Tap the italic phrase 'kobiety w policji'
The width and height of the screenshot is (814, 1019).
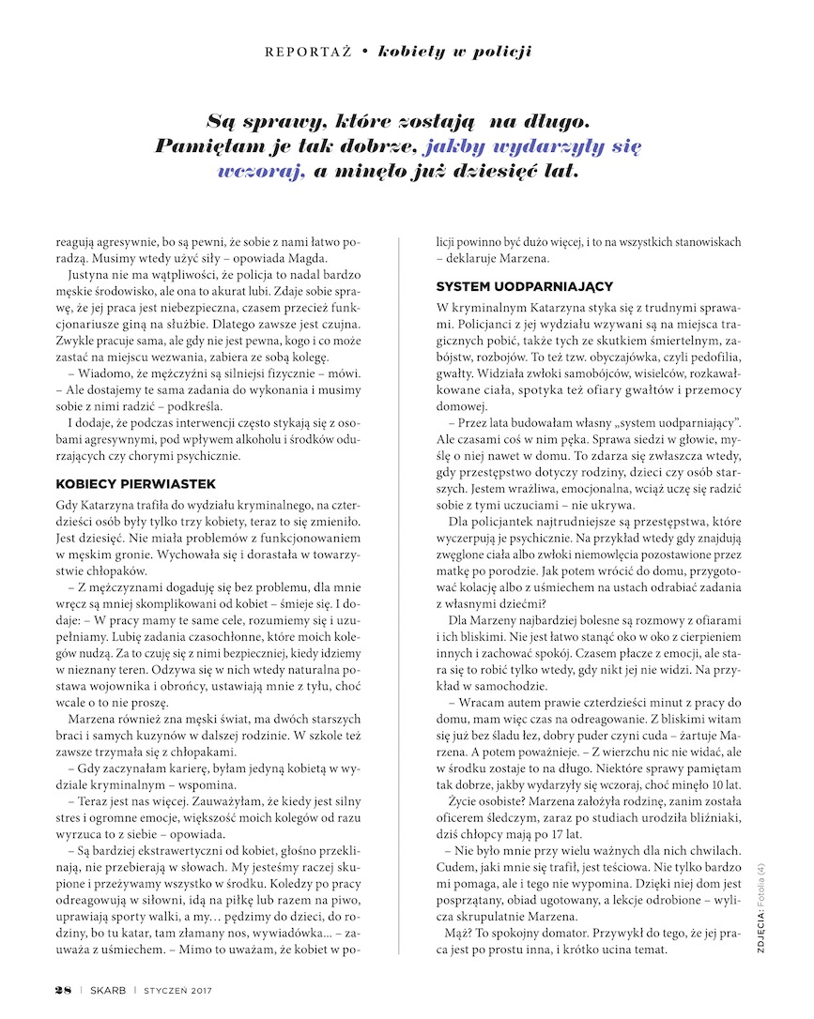(454, 51)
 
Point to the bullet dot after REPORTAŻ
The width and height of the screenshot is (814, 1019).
(363, 51)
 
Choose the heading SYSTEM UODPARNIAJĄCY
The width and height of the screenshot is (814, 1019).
(525, 285)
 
